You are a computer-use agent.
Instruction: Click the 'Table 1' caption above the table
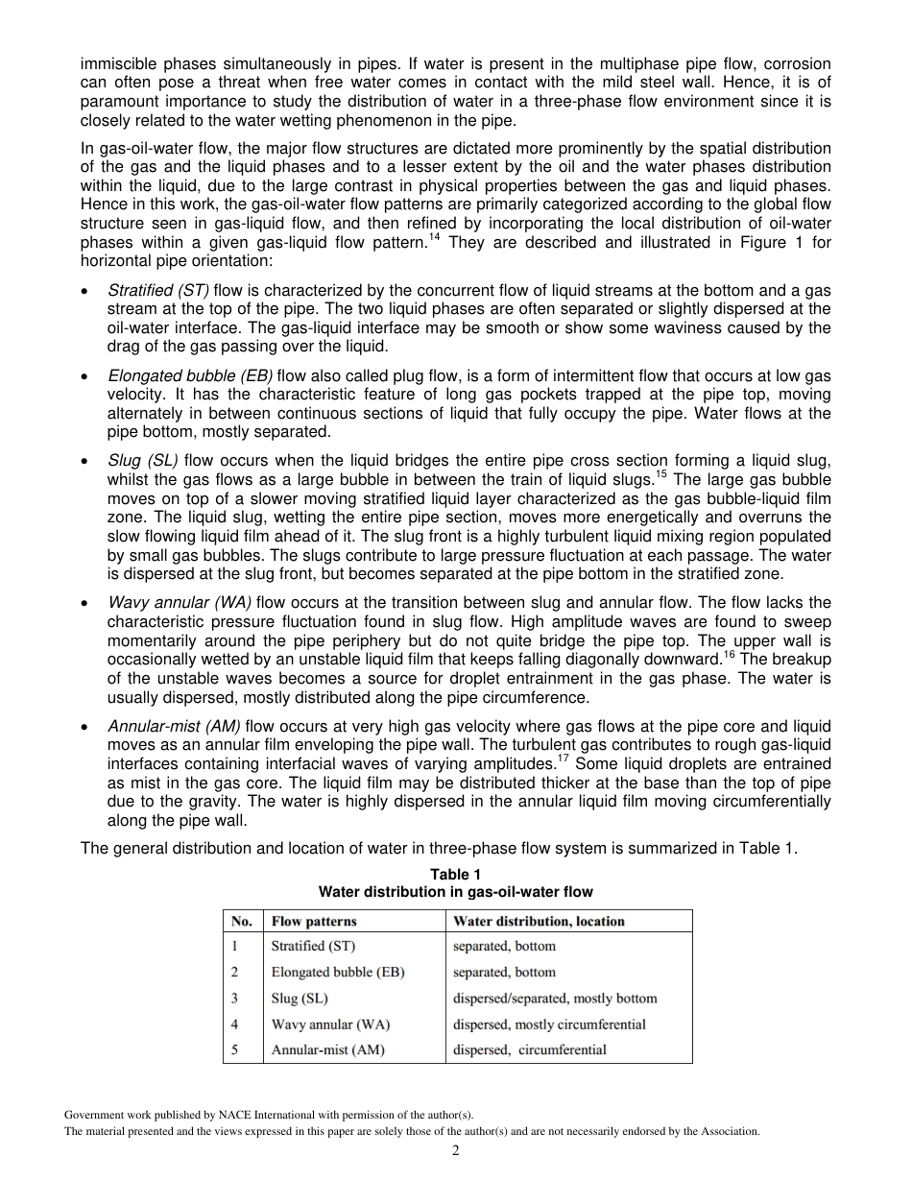pyautogui.click(x=455, y=874)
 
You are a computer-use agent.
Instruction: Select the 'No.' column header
pyautogui.click(x=242, y=921)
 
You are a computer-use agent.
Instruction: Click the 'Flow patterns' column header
pyautogui.click(x=315, y=921)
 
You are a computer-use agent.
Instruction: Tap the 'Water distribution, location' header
pyautogui.click(x=539, y=921)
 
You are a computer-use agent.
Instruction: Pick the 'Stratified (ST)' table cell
pyautogui.click(x=313, y=946)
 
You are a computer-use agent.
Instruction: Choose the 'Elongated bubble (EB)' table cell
pyautogui.click(x=338, y=972)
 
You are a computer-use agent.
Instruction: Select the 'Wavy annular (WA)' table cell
pyautogui.click(x=330, y=1024)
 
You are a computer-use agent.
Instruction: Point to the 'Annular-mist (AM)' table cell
pyautogui.click(x=327, y=1049)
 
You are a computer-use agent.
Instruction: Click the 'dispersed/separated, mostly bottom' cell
pyautogui.click(x=555, y=998)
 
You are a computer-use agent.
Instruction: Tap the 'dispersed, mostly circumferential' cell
pyautogui.click(x=549, y=1024)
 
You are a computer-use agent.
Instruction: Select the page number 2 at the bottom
pyautogui.click(x=456, y=1150)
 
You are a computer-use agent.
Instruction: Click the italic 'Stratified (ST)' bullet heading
pyautogui.click(x=158, y=290)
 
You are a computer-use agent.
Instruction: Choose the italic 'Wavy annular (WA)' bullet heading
pyautogui.click(x=180, y=602)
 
